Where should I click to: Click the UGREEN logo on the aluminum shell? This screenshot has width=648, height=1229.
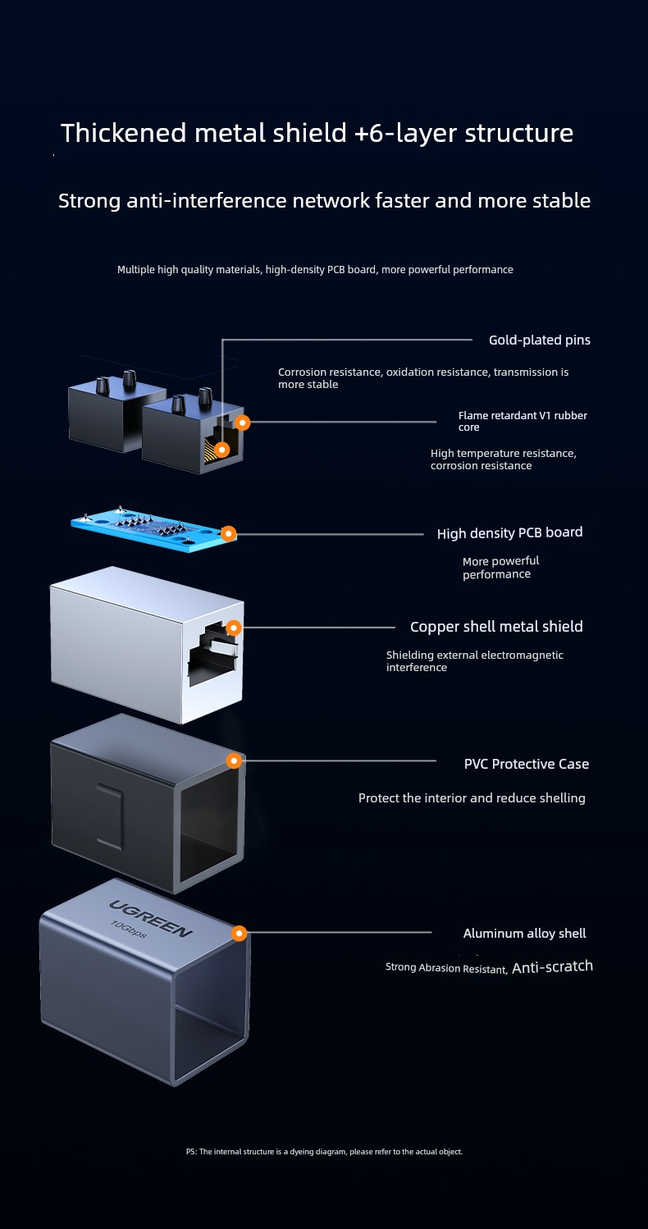pyautogui.click(x=151, y=918)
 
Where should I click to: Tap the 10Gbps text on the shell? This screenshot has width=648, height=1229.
pyautogui.click(x=129, y=929)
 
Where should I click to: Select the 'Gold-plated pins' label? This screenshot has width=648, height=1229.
pyautogui.click(x=540, y=340)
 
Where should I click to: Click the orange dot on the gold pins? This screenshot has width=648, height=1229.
pyautogui.click(x=221, y=450)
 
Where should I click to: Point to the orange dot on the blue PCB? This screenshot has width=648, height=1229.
pyautogui.click(x=228, y=533)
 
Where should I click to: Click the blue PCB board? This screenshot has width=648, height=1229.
pyautogui.click(x=153, y=528)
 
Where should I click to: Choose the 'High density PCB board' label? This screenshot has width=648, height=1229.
pyautogui.click(x=509, y=532)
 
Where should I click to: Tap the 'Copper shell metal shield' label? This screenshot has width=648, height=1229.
pyautogui.click(x=496, y=627)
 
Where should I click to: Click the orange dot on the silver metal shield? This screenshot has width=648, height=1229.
pyautogui.click(x=234, y=628)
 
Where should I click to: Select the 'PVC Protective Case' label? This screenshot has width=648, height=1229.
pyautogui.click(x=526, y=764)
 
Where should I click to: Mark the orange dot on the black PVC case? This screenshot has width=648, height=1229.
pyautogui.click(x=235, y=761)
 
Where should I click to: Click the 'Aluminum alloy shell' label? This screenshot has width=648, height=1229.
pyautogui.click(x=524, y=934)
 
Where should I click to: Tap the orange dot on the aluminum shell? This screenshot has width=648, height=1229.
pyautogui.click(x=240, y=933)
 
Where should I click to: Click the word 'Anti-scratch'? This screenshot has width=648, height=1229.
pyautogui.click(x=553, y=966)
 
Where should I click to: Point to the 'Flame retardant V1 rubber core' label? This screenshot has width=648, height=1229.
pyautogui.click(x=523, y=421)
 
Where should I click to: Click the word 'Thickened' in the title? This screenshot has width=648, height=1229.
pyautogui.click(x=124, y=133)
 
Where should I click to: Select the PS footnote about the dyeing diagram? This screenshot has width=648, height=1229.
pyautogui.click(x=324, y=1152)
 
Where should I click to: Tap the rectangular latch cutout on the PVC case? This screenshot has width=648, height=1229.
pyautogui.click(x=110, y=817)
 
